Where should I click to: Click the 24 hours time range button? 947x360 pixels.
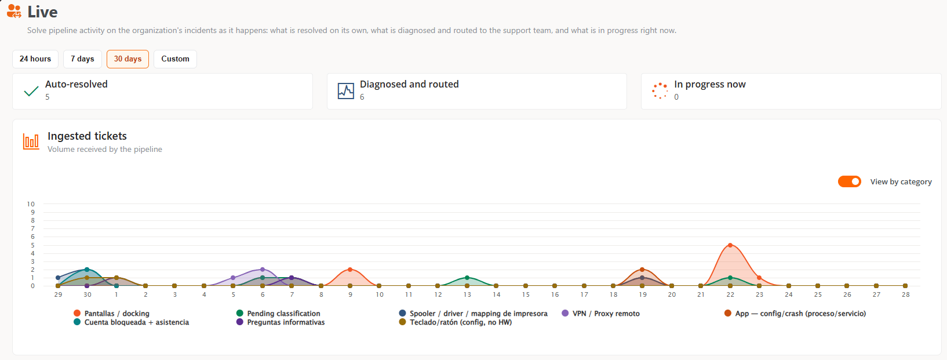(x=35, y=59)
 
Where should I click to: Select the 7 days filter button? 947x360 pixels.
(x=82, y=59)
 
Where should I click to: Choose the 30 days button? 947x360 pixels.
(x=128, y=59)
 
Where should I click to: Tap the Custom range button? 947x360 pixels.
(x=175, y=59)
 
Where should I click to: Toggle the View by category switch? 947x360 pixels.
(x=849, y=181)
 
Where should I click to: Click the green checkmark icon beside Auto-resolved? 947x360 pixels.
(x=31, y=91)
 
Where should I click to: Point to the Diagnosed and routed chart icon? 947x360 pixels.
(x=346, y=91)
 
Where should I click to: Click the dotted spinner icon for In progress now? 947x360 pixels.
(x=660, y=91)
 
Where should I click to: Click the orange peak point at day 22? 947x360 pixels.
(x=730, y=245)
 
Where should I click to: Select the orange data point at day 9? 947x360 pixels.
(x=350, y=270)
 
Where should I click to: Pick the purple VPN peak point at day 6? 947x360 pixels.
(x=263, y=270)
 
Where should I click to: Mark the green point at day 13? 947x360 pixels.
(x=467, y=278)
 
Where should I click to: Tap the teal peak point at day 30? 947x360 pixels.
(x=87, y=270)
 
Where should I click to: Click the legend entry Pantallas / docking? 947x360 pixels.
(x=112, y=314)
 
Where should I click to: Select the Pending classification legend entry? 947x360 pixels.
(x=278, y=314)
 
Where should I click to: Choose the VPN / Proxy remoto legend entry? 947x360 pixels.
(x=601, y=314)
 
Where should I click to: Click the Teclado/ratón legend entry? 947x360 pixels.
(x=456, y=322)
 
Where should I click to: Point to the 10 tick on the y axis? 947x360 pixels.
(x=31, y=204)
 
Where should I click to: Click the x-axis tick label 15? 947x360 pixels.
(x=526, y=294)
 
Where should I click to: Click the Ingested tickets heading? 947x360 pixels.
(x=87, y=136)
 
